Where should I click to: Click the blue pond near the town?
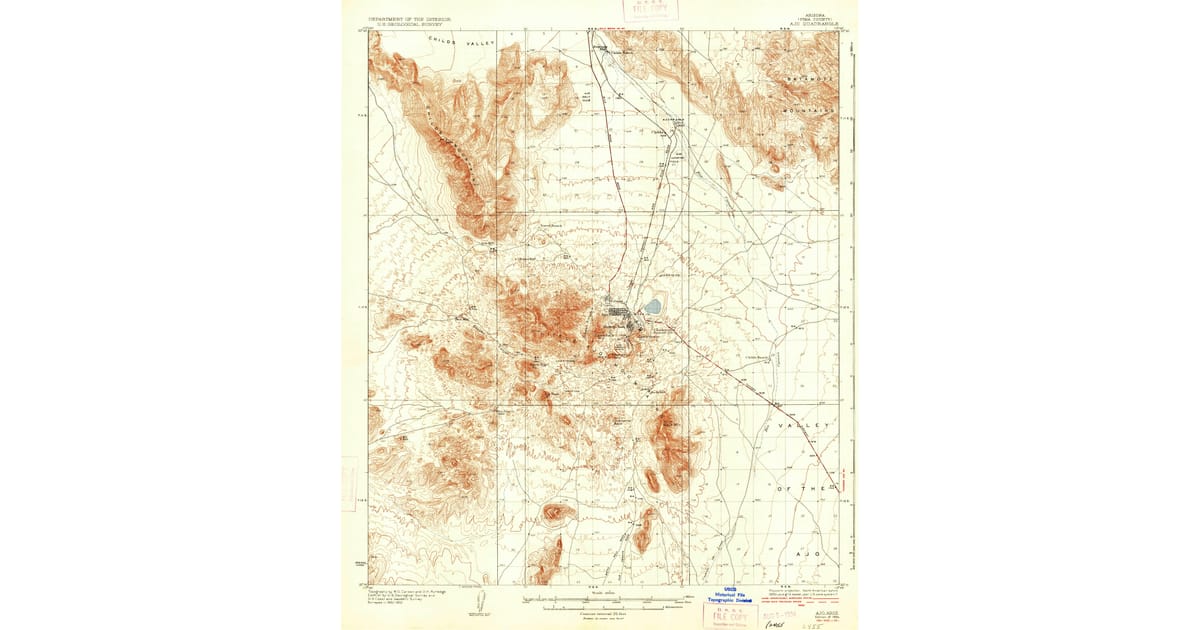click(653, 306)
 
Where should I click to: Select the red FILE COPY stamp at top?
click(650, 11)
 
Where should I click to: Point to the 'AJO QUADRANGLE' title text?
click(811, 24)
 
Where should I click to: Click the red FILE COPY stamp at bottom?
click(729, 615)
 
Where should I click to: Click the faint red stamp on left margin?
click(349, 484)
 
